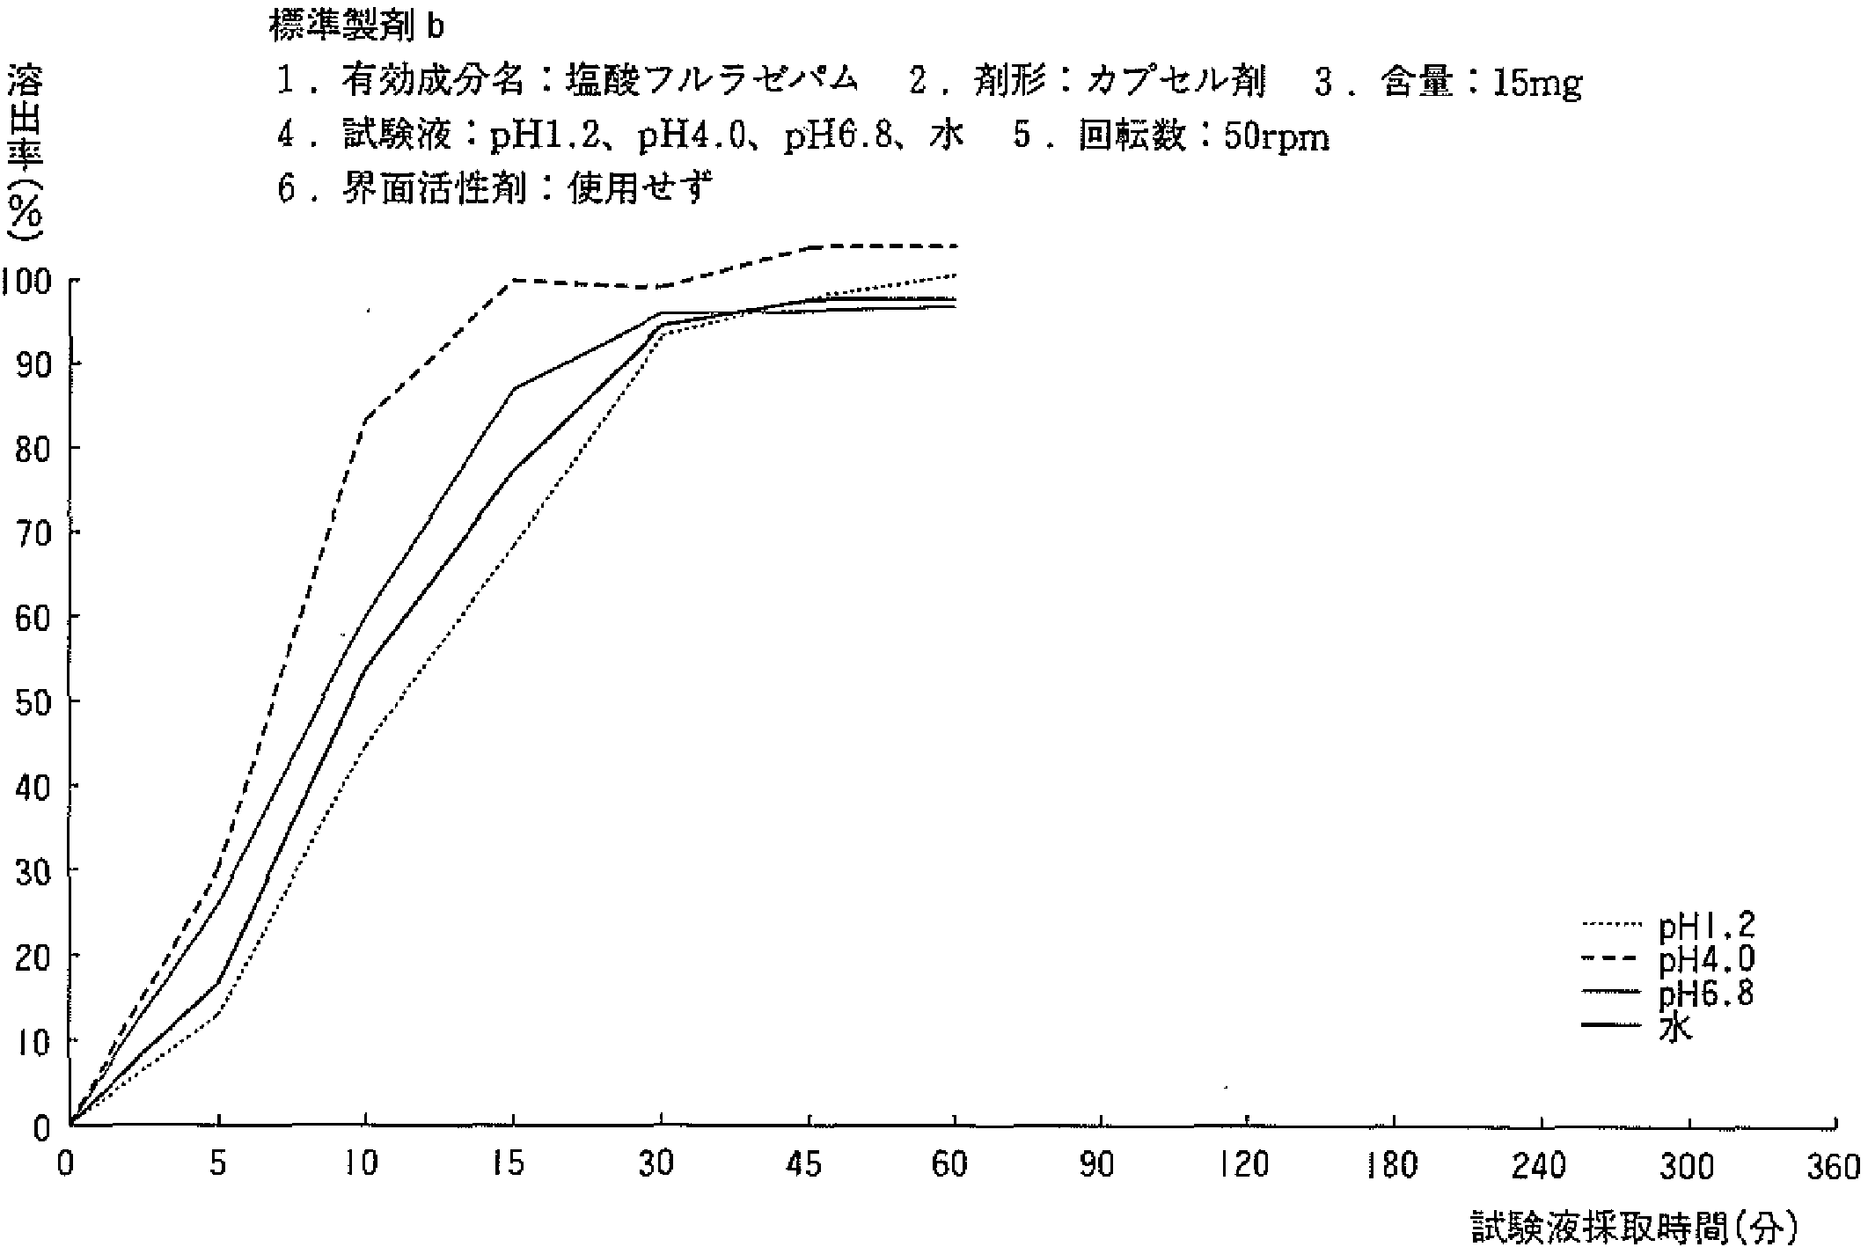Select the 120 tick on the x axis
(x=1246, y=1166)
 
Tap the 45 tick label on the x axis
(x=805, y=1166)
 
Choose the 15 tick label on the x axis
(x=510, y=1166)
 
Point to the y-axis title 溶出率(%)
(x=25, y=154)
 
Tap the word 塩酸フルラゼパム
(x=712, y=82)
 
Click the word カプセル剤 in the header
(x=1176, y=82)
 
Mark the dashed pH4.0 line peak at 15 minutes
(x=513, y=281)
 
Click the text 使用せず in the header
(x=640, y=187)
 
